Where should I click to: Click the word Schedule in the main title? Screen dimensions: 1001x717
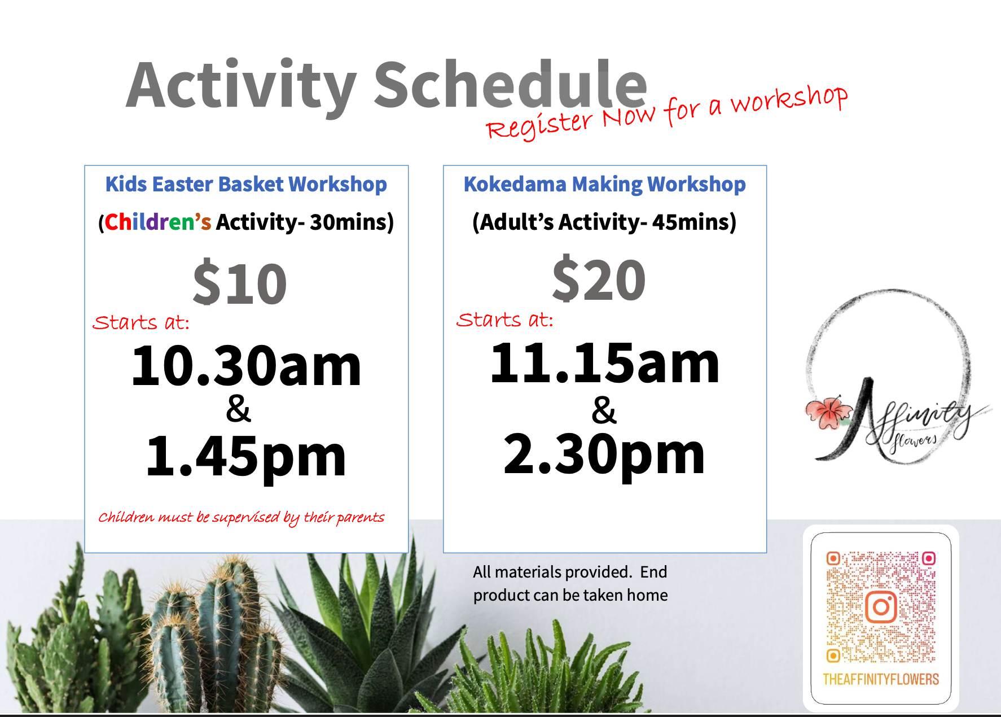[510, 85]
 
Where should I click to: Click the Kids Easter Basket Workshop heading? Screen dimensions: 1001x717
[246, 185]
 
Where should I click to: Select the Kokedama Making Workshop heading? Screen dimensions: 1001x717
[605, 185]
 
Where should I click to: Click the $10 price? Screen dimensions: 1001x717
[240, 283]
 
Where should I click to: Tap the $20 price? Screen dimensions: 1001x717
[599, 279]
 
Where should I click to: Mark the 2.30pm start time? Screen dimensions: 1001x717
[604, 455]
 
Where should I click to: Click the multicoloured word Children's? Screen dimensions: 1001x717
[158, 222]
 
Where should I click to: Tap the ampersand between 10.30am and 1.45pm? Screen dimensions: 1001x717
[238, 409]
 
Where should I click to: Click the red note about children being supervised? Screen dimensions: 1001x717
[241, 518]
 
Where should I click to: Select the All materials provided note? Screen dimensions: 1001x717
[570, 584]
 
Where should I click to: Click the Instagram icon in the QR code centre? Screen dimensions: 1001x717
[881, 607]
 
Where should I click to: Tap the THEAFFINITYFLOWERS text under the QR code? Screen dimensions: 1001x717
[881, 679]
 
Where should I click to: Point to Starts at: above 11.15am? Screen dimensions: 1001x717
[505, 320]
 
